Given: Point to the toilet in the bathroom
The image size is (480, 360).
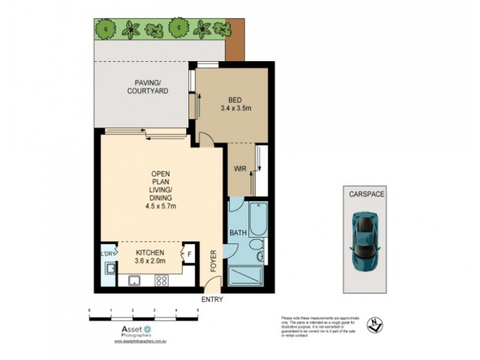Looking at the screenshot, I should pos(259,251).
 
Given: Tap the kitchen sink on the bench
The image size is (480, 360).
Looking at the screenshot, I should pos(134,280).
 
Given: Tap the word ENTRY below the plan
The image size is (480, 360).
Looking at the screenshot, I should pos(212,299).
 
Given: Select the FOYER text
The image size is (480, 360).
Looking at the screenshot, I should pos(212,263).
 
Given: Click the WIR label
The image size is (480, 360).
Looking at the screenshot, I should pos(240,169).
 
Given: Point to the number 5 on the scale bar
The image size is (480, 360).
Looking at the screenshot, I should pos(198,310).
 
